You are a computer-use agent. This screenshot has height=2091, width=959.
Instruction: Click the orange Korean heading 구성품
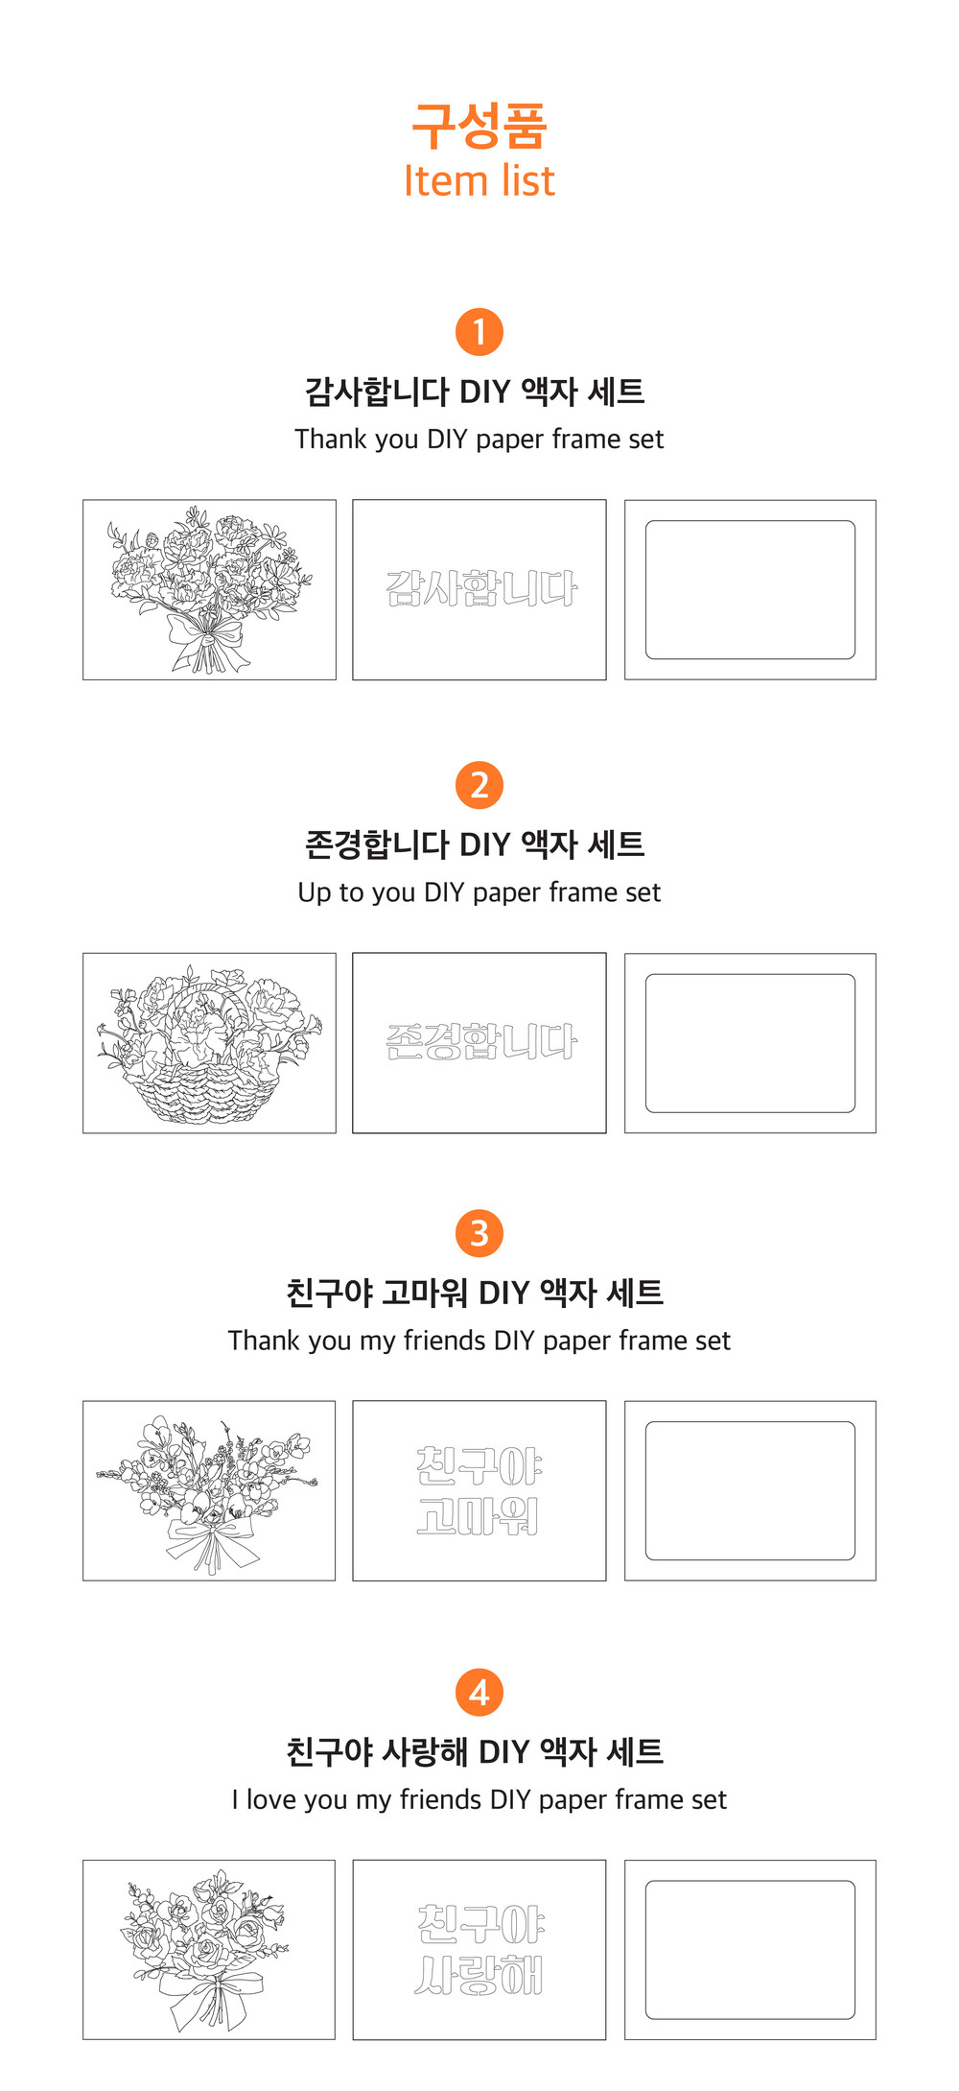[479, 126]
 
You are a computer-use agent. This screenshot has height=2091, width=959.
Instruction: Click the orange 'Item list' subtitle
[479, 180]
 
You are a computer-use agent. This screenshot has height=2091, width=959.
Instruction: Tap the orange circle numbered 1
[479, 332]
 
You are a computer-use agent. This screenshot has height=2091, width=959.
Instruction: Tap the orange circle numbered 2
[479, 785]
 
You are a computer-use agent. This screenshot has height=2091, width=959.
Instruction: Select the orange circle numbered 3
[479, 1233]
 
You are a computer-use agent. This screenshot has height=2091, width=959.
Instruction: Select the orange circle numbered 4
[479, 1693]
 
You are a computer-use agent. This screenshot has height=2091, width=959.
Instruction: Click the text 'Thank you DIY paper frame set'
[479, 440]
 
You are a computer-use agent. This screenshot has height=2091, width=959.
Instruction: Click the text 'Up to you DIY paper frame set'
[479, 892]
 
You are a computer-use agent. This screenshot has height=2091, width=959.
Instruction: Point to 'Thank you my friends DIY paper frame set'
[479, 1341]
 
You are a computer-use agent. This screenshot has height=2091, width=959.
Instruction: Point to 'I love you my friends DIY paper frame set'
[479, 1799]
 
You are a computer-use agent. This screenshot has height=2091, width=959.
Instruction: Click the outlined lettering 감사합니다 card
[479, 589]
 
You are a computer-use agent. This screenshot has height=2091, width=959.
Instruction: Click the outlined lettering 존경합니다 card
[479, 1043]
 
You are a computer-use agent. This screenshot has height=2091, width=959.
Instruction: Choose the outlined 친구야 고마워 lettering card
[479, 1490]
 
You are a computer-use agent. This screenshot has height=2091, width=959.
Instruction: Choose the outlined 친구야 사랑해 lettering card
[479, 1950]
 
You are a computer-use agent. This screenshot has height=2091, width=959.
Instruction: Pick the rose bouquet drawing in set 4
[209, 1950]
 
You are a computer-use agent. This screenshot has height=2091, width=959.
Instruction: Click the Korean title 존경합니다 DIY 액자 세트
[475, 844]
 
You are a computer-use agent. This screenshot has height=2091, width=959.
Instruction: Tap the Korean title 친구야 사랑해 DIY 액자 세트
[475, 1751]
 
